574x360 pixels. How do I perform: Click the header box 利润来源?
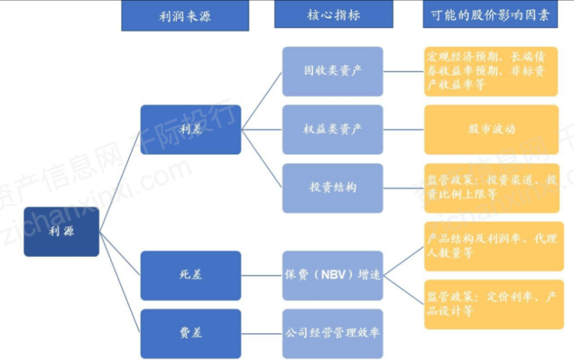tap(185, 16)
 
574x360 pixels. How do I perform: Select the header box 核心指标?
tap(333, 14)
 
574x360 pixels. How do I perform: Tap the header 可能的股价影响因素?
tap(490, 14)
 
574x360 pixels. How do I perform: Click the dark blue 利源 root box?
tap(61, 232)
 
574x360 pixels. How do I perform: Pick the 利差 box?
tap(191, 130)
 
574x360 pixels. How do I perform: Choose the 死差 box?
tap(191, 275)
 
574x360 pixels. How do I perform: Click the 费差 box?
tap(191, 333)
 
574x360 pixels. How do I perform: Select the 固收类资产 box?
tap(333, 71)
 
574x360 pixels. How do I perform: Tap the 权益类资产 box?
tap(333, 130)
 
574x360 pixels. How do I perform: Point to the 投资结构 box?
tap(333, 188)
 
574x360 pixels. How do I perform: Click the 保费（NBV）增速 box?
tap(333, 275)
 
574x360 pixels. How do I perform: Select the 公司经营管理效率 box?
tap(333, 333)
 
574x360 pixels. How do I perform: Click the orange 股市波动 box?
tap(491, 130)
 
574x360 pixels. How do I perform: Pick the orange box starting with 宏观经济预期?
tap(491, 71)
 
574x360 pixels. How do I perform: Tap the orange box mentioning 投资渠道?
tap(491, 188)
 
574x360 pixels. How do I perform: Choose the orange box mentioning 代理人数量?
tap(494, 246)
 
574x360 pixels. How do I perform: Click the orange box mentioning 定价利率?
tap(494, 305)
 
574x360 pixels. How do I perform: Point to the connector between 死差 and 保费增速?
tap(262, 275)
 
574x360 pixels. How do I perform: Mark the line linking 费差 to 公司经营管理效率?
tap(262, 333)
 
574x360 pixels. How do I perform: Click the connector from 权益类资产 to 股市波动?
tap(404, 130)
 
